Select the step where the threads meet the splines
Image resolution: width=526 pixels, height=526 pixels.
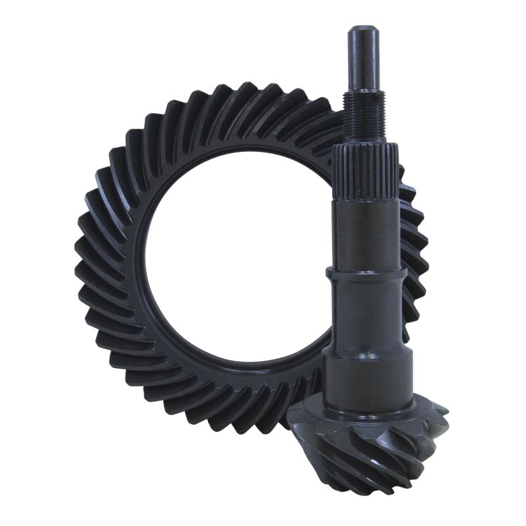click(x=363, y=147)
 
